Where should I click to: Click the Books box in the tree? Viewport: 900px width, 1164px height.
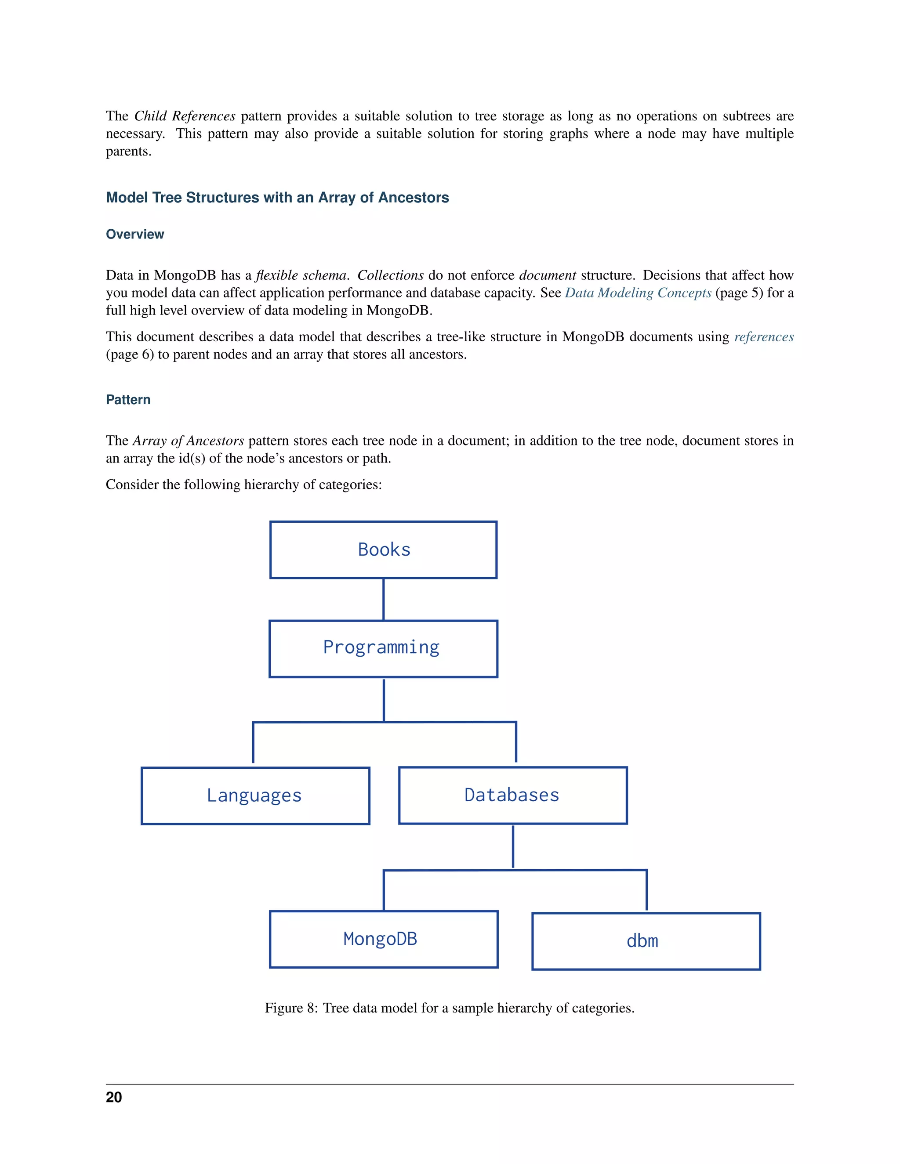click(383, 549)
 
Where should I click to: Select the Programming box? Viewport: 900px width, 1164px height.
click(383, 649)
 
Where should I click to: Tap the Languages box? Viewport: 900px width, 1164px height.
click(255, 796)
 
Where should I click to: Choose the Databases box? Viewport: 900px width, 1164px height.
click(512, 795)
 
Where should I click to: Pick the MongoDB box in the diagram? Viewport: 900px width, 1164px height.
click(383, 939)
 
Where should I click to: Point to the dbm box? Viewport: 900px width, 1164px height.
click(646, 941)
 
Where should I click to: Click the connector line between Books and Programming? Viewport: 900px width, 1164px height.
click(383, 599)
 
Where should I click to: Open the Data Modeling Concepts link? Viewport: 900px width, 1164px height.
click(638, 293)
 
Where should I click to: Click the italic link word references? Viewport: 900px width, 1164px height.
click(763, 337)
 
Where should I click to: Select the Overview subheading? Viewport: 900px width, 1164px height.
click(135, 234)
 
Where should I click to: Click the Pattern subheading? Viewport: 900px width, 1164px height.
click(128, 400)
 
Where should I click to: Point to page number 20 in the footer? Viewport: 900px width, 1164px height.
click(113, 1097)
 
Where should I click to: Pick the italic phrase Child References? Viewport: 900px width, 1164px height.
click(185, 116)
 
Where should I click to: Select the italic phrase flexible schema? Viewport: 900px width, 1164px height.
click(301, 275)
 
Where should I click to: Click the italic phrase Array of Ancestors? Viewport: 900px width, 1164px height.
click(188, 441)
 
